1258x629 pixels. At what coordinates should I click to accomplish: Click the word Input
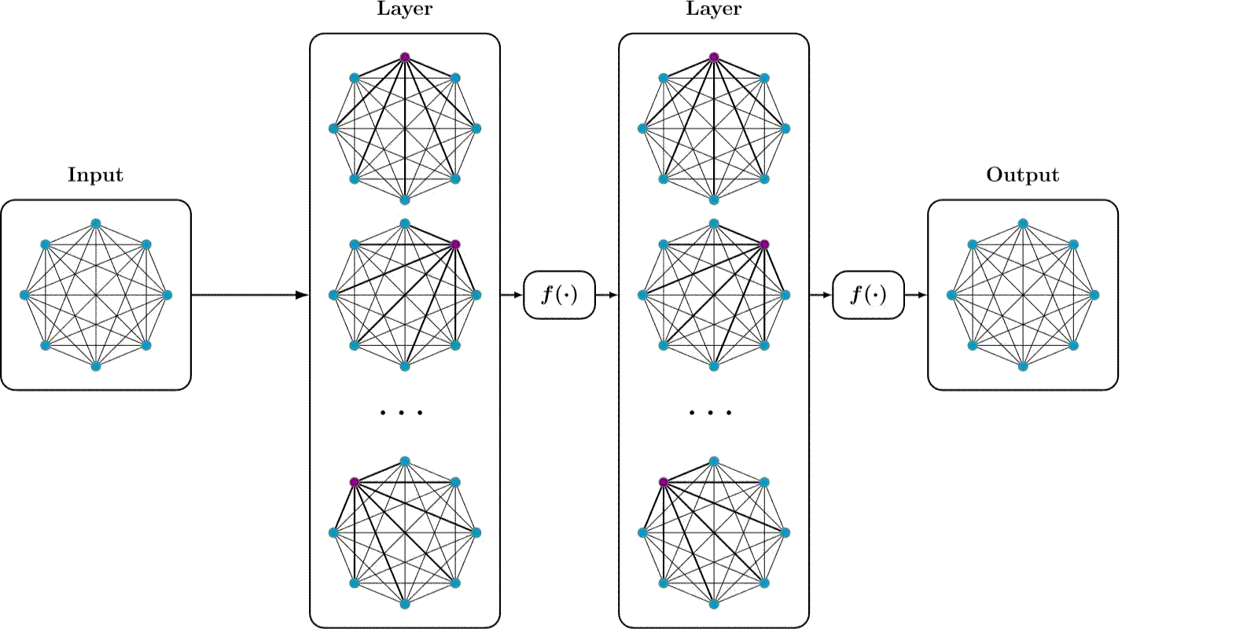pyautogui.click(x=95, y=175)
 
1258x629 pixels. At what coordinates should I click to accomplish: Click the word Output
pyautogui.click(x=1022, y=175)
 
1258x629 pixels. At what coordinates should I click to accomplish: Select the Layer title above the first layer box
pyautogui.click(x=404, y=9)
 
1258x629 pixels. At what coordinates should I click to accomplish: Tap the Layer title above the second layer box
pyautogui.click(x=713, y=9)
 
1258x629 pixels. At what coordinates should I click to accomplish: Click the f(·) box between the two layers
pyautogui.click(x=559, y=295)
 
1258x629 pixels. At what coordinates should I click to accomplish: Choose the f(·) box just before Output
pyautogui.click(x=868, y=295)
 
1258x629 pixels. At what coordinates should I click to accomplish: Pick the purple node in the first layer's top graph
pyautogui.click(x=405, y=57)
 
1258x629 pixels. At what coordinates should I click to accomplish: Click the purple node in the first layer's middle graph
pyautogui.click(x=455, y=245)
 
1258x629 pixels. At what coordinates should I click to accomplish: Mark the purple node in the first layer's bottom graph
pyautogui.click(x=355, y=482)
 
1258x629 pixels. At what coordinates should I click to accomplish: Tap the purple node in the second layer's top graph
pyautogui.click(x=714, y=57)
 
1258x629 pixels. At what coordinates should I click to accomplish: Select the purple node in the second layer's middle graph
pyautogui.click(x=764, y=245)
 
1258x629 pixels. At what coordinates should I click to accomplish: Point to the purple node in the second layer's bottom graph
pyautogui.click(x=664, y=482)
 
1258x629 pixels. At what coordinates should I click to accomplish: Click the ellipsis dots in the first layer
pyautogui.click(x=401, y=412)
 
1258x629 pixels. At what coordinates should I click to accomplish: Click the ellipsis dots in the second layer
pyautogui.click(x=710, y=412)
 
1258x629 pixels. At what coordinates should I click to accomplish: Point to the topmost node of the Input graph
pyautogui.click(x=96, y=223)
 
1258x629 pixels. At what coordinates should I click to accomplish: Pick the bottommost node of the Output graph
pyautogui.click(x=1023, y=366)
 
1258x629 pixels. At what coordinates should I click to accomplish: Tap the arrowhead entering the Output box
pyautogui.click(x=921, y=295)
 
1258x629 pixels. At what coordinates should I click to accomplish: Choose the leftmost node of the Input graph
pyautogui.click(x=24, y=295)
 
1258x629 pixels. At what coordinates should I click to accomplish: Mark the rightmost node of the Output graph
pyautogui.click(x=1094, y=295)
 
